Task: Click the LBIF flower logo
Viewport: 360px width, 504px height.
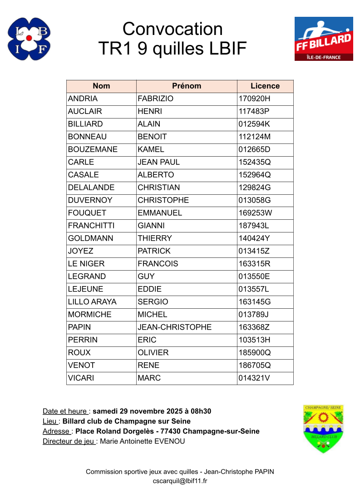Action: click(29, 39)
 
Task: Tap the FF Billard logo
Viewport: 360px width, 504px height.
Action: click(323, 39)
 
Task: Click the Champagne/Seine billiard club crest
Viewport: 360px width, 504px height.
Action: click(323, 429)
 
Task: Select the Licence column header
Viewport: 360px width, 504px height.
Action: click(265, 86)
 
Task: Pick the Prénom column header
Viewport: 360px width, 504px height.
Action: click(187, 86)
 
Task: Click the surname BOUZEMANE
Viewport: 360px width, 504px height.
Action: click(93, 149)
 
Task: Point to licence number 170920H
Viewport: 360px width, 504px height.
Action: click(255, 99)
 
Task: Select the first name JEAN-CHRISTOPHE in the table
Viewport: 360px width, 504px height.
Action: click(174, 327)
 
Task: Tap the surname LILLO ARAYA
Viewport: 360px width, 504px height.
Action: click(92, 301)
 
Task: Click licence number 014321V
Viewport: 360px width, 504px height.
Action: click(254, 378)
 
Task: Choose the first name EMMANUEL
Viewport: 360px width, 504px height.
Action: click(160, 213)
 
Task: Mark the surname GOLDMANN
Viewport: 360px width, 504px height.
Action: click(91, 238)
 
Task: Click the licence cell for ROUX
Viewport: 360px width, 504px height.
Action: click(255, 352)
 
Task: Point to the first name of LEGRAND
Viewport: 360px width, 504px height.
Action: click(146, 276)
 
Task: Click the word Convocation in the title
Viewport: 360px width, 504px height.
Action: click(173, 29)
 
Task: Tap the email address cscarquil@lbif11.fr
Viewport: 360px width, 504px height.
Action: click(180, 481)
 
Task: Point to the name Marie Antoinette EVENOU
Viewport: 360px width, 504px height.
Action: click(142, 441)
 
